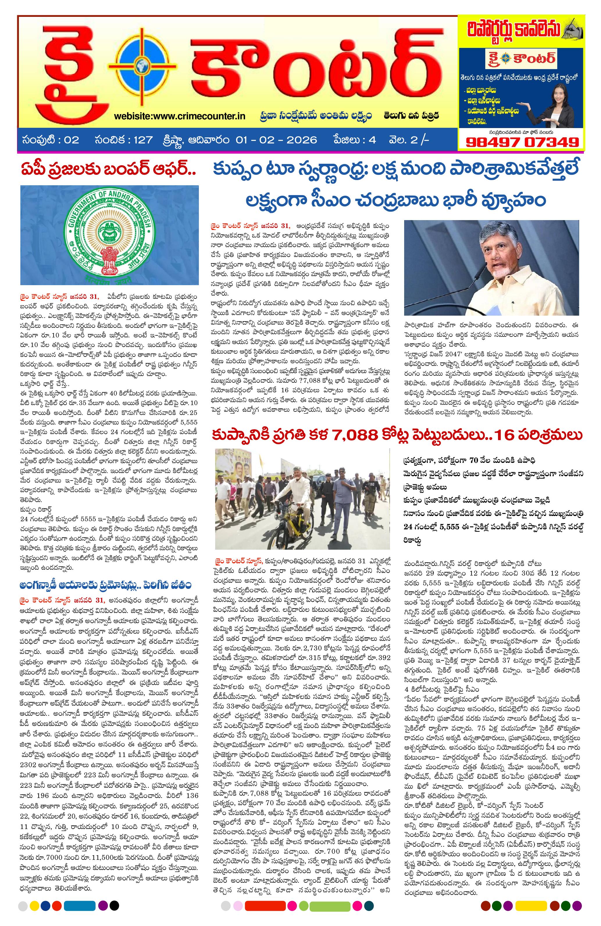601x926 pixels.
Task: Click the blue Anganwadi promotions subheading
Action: click(x=109, y=585)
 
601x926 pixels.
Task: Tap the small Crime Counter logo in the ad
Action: click(x=521, y=60)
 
